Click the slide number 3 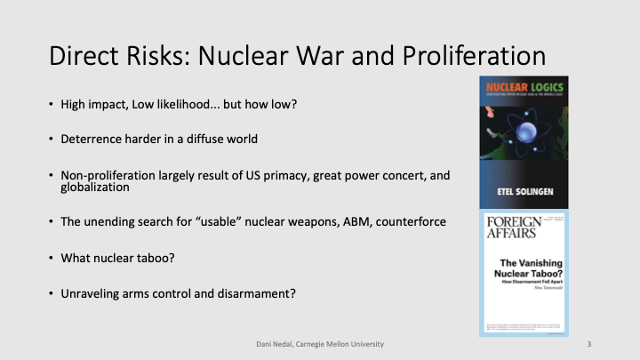(588, 342)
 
